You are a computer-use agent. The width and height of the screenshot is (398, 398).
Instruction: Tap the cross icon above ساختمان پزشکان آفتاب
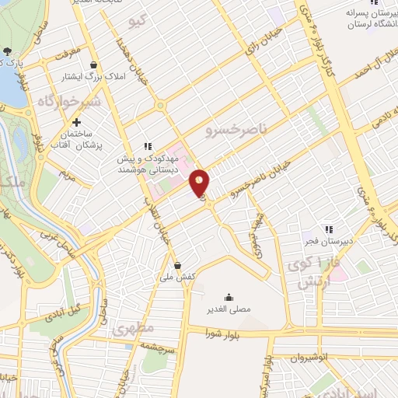[x=76, y=123]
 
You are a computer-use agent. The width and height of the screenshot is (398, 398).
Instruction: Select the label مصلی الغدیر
[x=229, y=310]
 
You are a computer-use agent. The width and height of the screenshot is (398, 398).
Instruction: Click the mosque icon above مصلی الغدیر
[x=229, y=297]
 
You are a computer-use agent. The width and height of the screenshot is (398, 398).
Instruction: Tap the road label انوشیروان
[x=289, y=357]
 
